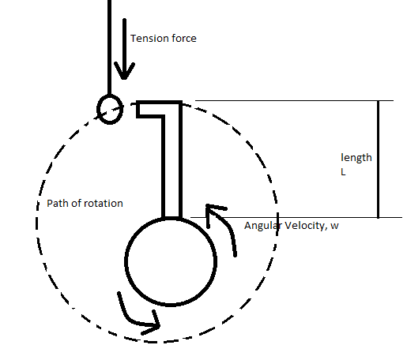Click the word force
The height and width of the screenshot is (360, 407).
pyautogui.click(x=184, y=39)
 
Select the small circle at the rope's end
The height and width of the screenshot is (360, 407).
pyautogui.click(x=110, y=109)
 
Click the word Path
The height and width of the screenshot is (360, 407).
pyautogui.click(x=56, y=203)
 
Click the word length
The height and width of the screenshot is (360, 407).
pyautogui.click(x=356, y=158)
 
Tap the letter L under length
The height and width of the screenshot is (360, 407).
pyautogui.click(x=343, y=172)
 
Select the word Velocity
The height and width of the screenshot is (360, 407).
pyautogui.click(x=306, y=226)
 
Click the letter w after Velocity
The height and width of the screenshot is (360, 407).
pyautogui.click(x=334, y=227)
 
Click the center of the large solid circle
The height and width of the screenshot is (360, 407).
pyautogui.click(x=171, y=261)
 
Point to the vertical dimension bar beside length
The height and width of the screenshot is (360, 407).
pyautogui.click(x=379, y=159)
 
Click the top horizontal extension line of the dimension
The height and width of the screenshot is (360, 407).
pyautogui.click(x=294, y=100)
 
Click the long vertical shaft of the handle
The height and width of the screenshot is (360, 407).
pyautogui.click(x=171, y=160)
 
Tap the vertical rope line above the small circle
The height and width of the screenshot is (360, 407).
pyautogui.click(x=109, y=47)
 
